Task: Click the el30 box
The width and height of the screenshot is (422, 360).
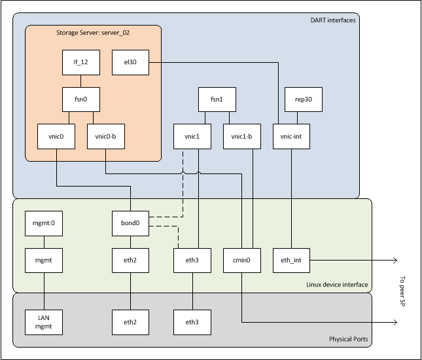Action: click(131, 63)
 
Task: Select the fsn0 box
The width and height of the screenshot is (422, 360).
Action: click(81, 100)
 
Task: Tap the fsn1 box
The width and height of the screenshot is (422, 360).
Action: click(217, 100)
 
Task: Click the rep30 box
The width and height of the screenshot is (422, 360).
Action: click(298, 100)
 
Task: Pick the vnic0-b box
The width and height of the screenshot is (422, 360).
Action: click(106, 137)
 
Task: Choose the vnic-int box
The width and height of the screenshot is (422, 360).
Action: click(290, 137)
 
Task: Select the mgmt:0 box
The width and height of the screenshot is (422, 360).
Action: click(43, 223)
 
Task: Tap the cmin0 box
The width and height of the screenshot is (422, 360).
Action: click(242, 261)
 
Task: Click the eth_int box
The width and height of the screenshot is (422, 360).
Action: click(290, 261)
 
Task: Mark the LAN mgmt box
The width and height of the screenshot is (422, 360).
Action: click(43, 321)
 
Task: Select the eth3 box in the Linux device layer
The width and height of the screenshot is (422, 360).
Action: click(192, 261)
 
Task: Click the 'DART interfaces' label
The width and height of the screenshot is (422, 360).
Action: click(332, 20)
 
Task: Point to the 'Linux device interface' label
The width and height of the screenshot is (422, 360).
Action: click(337, 284)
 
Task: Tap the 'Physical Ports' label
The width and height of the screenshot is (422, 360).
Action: click(348, 339)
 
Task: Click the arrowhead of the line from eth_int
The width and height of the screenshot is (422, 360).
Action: click(395, 261)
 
